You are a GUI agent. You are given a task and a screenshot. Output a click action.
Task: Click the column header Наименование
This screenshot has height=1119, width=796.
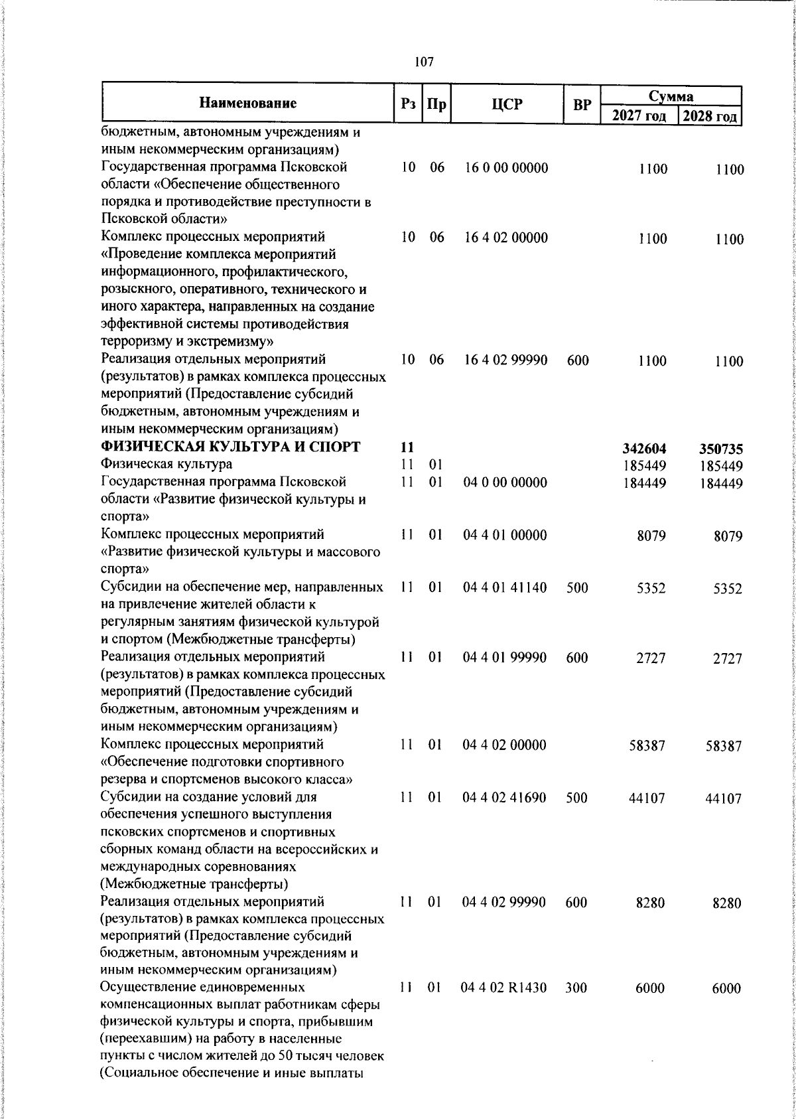247,103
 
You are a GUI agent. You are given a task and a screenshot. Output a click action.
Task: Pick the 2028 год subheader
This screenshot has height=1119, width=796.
710,116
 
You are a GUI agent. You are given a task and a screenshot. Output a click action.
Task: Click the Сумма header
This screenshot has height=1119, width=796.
671,96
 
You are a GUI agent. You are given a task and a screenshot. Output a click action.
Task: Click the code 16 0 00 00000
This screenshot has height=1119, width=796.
506,168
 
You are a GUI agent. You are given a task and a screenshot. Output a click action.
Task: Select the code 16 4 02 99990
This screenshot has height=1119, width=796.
506,360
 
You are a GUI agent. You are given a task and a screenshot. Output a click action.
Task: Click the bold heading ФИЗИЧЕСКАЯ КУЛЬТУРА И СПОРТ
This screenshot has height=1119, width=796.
230,447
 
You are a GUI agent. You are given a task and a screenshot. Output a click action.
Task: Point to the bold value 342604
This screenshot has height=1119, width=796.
646,449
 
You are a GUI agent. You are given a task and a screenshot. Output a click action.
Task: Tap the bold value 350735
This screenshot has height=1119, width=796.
722,449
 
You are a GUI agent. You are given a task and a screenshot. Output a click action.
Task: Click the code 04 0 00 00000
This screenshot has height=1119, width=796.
505,483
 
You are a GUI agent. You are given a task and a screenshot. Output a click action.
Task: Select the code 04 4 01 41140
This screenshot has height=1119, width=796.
505,587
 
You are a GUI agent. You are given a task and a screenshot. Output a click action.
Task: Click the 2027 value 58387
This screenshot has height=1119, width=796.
647,745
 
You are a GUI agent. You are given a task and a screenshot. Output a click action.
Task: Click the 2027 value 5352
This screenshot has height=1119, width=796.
651,588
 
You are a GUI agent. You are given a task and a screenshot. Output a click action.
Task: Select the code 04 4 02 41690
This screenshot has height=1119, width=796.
505,798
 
